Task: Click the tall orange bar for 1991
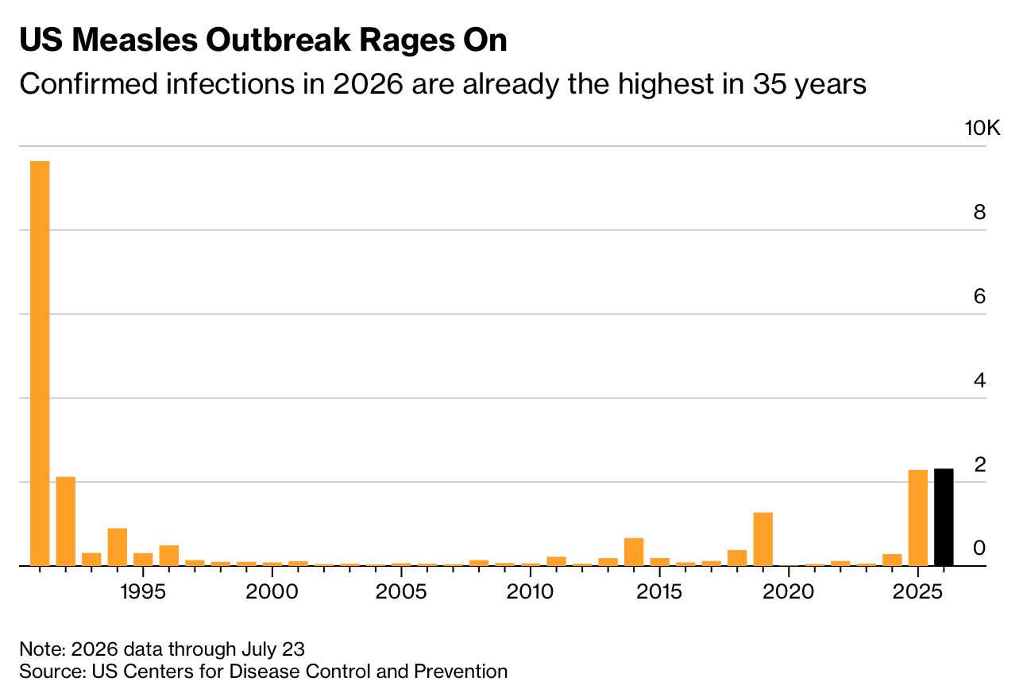[40, 364]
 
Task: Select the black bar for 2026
[944, 517]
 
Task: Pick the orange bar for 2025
[918, 518]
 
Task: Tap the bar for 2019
[762, 539]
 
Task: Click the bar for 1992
[66, 522]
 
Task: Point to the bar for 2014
[634, 552]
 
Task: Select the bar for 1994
[118, 547]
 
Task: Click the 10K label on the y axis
[982, 129]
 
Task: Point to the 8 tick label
[979, 212]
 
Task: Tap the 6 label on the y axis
[979, 296]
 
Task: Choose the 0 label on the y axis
[979, 548]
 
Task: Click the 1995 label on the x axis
[143, 592]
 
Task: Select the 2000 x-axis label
[272, 592]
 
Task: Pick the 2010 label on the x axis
[530, 592]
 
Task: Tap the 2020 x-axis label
[788, 592]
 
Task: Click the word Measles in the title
[135, 40]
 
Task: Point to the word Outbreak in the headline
[278, 40]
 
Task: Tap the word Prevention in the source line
[461, 672]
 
